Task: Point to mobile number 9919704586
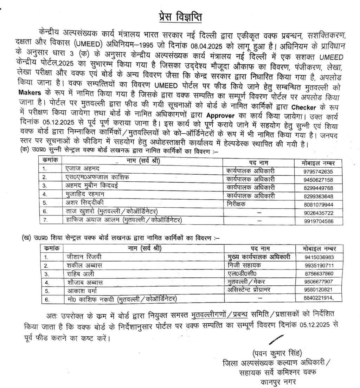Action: [318, 221]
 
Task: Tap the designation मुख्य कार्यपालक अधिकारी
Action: [259, 257]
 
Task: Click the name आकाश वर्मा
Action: [82, 291]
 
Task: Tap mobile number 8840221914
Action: [319, 298]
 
